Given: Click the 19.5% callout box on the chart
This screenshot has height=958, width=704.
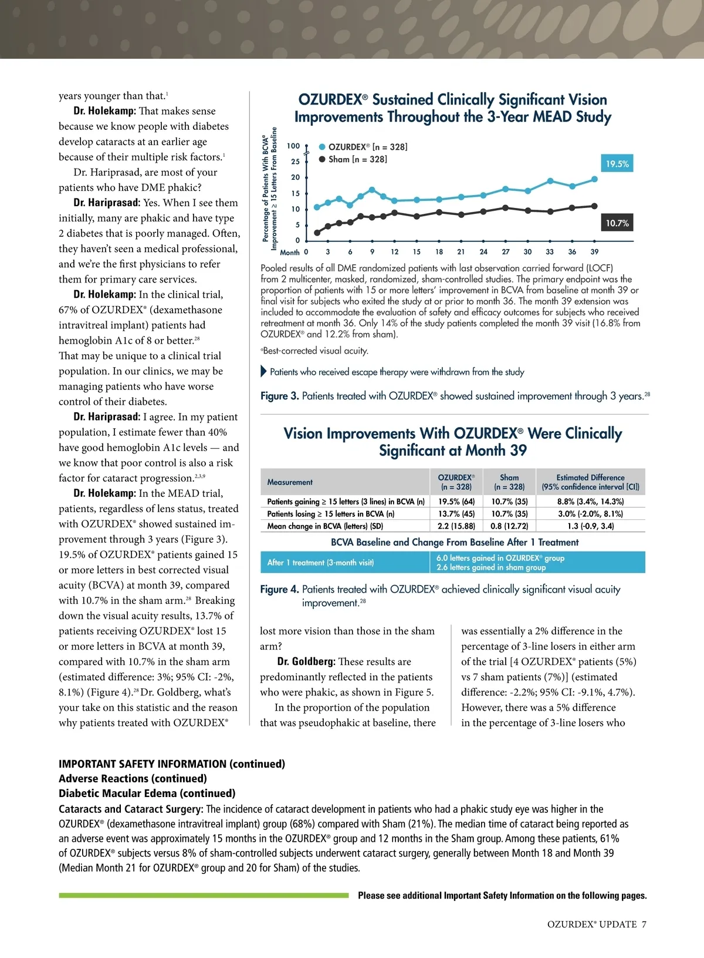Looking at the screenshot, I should (x=617, y=164).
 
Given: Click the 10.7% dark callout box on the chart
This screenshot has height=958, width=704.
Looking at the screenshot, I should (x=617, y=223).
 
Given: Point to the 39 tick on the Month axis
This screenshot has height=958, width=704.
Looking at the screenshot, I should (x=594, y=252).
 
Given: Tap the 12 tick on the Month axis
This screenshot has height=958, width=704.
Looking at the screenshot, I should (x=394, y=252).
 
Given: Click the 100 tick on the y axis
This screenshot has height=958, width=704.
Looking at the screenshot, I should (x=293, y=146).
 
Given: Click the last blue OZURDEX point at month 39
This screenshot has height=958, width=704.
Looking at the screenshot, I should (x=594, y=179).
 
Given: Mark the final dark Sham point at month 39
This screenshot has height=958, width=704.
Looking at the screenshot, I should (x=594, y=206).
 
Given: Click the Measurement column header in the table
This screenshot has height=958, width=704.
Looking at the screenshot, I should (x=290, y=482).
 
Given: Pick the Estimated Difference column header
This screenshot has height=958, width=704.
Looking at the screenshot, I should (x=590, y=482).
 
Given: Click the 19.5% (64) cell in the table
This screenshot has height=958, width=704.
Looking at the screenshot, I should (x=456, y=502).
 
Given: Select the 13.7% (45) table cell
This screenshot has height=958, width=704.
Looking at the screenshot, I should (x=456, y=514).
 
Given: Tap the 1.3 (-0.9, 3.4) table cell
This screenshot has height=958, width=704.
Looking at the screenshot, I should (x=590, y=526).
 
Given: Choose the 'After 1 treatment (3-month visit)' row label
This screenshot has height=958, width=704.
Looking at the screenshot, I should (x=320, y=563).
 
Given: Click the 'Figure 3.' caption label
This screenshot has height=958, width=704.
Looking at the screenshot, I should (x=279, y=396).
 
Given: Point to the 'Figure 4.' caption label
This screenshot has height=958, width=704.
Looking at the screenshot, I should (x=279, y=590).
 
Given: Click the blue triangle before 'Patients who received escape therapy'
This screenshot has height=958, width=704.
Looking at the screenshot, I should (x=263, y=372).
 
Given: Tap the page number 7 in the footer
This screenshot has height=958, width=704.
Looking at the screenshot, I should (x=644, y=925).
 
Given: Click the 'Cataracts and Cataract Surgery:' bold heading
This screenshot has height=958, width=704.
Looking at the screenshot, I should (x=131, y=809).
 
